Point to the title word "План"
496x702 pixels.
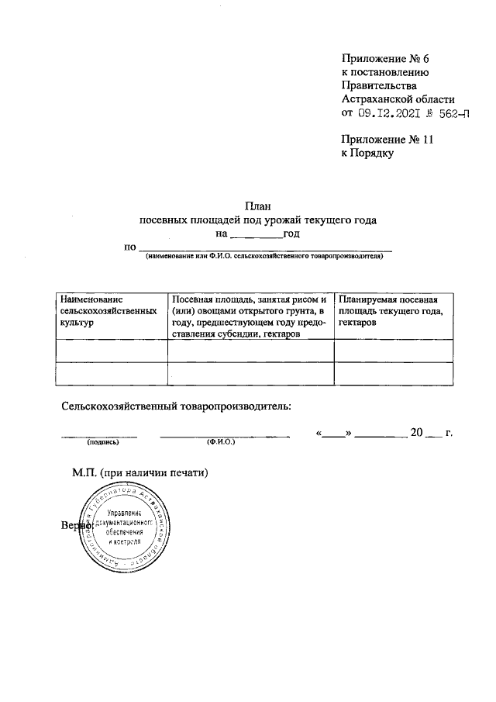[257, 206]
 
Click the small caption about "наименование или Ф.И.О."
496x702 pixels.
[263, 255]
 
